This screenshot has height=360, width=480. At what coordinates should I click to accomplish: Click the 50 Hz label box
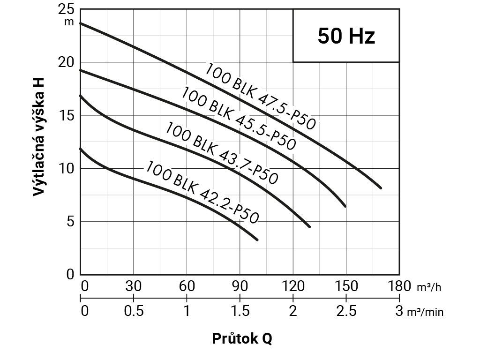point(346,36)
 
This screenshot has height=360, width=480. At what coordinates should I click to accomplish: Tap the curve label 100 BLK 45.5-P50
point(239,119)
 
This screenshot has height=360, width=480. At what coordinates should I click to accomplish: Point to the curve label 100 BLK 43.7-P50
point(222,152)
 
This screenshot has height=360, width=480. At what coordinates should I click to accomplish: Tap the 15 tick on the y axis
point(67,116)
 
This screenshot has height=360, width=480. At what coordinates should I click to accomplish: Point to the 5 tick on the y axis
point(70,221)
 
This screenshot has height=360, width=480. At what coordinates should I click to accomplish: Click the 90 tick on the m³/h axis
point(240,286)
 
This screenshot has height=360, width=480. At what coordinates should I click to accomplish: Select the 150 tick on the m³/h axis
point(346,286)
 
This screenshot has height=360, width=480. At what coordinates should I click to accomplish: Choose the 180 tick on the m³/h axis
point(399,286)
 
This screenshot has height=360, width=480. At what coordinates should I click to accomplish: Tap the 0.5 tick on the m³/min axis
point(134,311)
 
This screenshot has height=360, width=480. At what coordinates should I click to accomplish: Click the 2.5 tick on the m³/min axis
point(346,311)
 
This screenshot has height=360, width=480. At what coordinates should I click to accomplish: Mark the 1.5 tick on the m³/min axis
point(240,311)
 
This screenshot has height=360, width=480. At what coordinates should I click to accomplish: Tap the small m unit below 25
point(69,22)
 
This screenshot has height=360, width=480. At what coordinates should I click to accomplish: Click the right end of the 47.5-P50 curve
point(381,188)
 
